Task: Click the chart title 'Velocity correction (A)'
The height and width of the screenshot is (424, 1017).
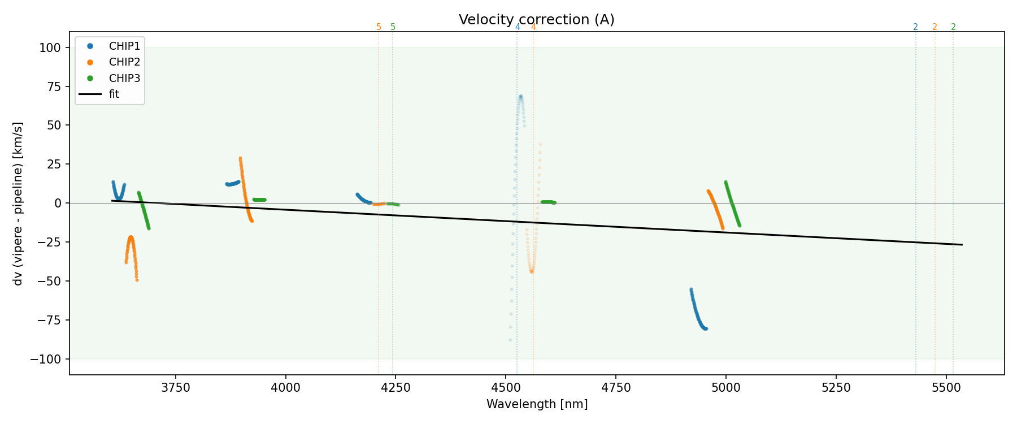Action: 536,20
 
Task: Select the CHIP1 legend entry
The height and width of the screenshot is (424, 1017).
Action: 124,46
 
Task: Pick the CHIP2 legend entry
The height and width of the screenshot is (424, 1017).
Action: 124,62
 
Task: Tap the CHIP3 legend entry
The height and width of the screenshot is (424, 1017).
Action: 124,78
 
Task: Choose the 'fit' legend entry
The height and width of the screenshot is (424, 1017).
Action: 114,94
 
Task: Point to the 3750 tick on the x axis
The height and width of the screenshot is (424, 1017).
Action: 176,388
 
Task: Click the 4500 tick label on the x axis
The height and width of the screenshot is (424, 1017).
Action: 506,388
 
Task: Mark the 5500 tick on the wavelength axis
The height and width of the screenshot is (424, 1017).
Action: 946,388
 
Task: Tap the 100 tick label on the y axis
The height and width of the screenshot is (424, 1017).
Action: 50,48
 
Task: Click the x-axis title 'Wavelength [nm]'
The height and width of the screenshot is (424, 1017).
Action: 537,404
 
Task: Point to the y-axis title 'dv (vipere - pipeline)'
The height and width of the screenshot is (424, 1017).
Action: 18,204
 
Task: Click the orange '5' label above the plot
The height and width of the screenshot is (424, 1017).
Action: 379,27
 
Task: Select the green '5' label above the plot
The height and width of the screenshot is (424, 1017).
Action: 393,27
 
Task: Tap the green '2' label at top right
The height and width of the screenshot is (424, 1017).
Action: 954,27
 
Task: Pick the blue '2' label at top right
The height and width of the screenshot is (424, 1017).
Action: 916,27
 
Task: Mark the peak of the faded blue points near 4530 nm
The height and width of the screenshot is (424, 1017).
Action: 520,97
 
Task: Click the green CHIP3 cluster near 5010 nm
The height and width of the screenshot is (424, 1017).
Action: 732,204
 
